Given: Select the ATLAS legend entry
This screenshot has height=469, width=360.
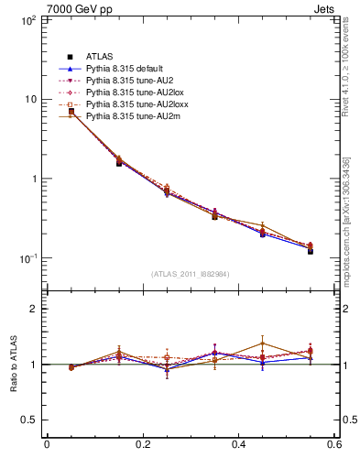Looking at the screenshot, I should pos(99,57).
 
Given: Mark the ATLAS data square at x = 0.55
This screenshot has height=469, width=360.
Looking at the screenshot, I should pos(311,250).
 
